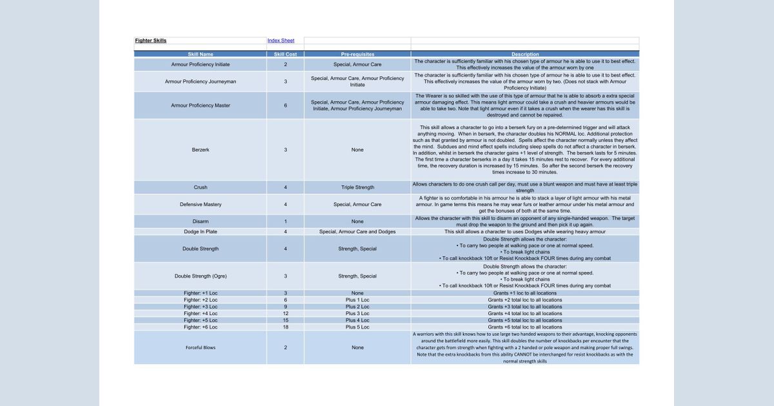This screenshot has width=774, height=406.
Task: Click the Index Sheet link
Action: click(x=281, y=41)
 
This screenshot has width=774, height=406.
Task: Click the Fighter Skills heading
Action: click(x=150, y=41)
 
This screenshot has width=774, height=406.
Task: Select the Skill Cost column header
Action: click(x=285, y=54)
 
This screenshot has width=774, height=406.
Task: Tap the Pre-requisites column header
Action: click(x=357, y=54)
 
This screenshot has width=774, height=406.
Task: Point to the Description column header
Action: click(x=524, y=54)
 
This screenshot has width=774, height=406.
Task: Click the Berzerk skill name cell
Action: click(x=201, y=150)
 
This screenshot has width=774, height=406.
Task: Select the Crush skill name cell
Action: click(x=201, y=188)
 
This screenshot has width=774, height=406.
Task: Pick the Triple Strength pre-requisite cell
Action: click(x=357, y=188)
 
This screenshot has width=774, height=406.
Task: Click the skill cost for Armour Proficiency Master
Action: click(x=285, y=105)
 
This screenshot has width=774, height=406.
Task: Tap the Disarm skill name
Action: click(x=201, y=221)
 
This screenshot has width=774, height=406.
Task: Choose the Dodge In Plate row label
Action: click(x=201, y=231)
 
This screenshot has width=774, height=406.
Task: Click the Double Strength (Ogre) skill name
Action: click(x=201, y=276)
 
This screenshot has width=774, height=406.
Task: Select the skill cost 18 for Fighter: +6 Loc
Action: click(x=285, y=327)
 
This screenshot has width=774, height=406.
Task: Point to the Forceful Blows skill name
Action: click(x=201, y=347)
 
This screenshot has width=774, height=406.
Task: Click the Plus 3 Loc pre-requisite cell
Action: click(x=357, y=313)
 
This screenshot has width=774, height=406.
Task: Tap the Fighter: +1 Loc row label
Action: click(x=201, y=293)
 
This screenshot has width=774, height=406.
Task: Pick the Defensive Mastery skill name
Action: click(x=201, y=204)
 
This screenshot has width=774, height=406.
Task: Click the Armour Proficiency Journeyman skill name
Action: click(x=201, y=82)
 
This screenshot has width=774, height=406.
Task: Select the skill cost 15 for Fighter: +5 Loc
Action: click(x=285, y=320)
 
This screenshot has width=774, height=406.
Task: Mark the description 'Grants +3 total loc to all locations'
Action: click(x=524, y=307)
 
